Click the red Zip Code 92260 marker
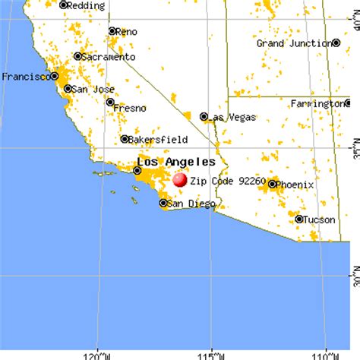tap(180, 180)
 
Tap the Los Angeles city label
tap(176, 162)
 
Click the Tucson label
tap(321, 219)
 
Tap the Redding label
tap(86, 5)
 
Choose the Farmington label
tap(324, 103)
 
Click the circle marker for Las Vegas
tap(204, 116)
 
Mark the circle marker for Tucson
tap(299, 219)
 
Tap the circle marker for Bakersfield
tap(125, 139)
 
